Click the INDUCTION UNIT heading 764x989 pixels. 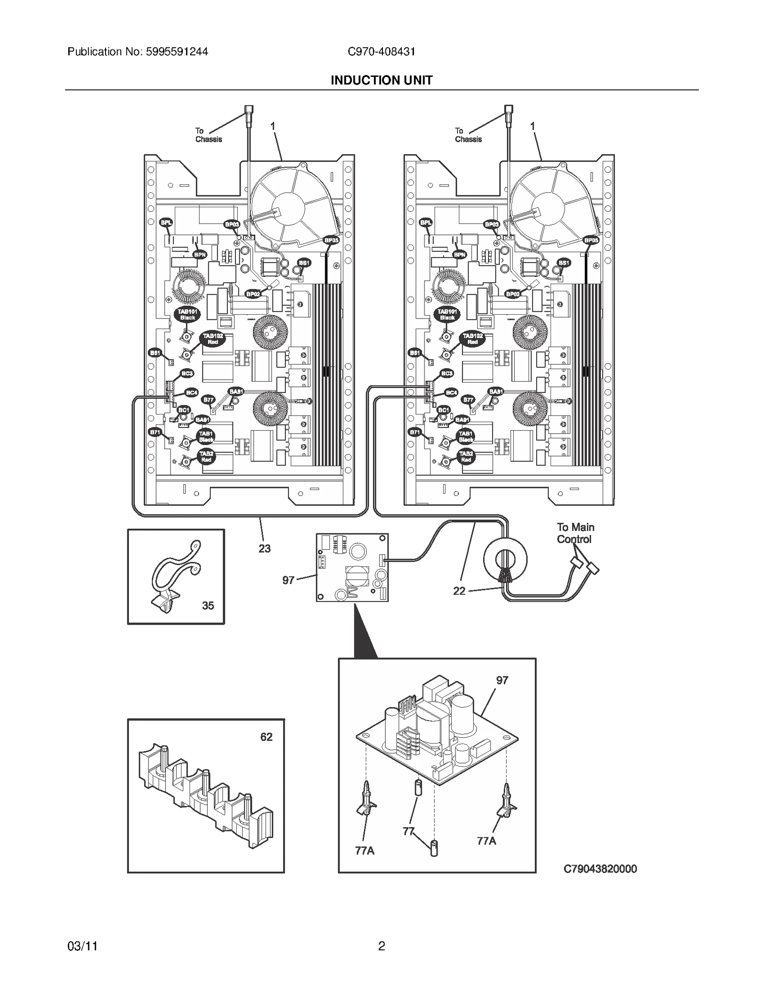[x=381, y=80]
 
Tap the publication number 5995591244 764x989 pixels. [x=174, y=52]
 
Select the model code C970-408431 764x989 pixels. [x=381, y=52]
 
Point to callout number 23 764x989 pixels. [x=265, y=549]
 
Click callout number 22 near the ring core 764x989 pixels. [x=459, y=591]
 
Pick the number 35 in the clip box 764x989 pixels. [x=208, y=606]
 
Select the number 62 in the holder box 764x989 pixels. [x=266, y=737]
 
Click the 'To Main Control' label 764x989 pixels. [x=575, y=533]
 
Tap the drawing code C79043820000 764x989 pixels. [x=600, y=869]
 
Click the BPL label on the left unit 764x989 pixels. [x=166, y=223]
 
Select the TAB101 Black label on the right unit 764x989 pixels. [x=447, y=314]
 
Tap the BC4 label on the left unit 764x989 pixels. [x=191, y=393]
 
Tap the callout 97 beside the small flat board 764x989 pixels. [x=288, y=580]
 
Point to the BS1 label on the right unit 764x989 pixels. [x=564, y=263]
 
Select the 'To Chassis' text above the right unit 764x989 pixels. [x=467, y=135]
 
